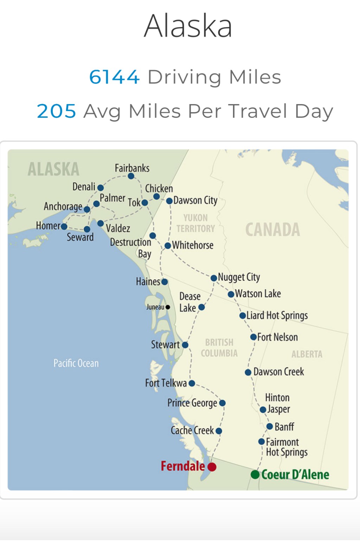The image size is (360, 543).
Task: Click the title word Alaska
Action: (188, 26)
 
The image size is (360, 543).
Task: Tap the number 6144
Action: (114, 77)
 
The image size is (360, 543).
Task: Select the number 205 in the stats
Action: (56, 111)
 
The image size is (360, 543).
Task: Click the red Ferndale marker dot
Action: (212, 467)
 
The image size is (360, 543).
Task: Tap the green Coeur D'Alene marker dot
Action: (255, 474)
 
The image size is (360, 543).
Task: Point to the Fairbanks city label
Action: (132, 168)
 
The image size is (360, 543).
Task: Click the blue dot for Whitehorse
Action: (168, 245)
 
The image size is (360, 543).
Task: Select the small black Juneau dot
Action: (168, 307)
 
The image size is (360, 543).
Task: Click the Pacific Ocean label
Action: (76, 363)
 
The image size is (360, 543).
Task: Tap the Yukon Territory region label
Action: (195, 223)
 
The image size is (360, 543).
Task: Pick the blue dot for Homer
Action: (64, 226)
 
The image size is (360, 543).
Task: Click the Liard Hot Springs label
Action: (277, 315)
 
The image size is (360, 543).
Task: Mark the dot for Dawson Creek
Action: (248, 372)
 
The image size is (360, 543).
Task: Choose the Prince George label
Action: (192, 403)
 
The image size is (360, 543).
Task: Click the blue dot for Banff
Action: (270, 427)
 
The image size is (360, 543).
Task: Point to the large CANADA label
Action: (272, 230)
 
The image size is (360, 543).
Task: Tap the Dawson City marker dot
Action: (169, 201)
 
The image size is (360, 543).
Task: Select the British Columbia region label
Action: (219, 348)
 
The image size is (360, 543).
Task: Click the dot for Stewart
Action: (185, 345)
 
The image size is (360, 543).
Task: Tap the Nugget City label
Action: (239, 277)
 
